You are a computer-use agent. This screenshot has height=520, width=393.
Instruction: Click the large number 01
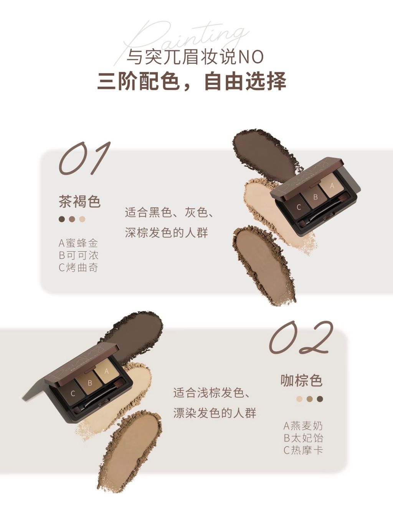(84, 158)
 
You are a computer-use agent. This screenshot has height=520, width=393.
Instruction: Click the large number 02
(301, 337)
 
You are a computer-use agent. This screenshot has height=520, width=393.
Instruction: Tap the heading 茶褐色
(80, 202)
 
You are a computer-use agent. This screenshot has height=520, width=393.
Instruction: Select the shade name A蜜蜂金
(78, 243)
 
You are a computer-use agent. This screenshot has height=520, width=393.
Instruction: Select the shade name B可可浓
(78, 255)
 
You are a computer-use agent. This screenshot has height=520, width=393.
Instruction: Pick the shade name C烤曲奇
(78, 268)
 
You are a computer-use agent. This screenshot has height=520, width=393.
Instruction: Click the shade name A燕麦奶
(303, 426)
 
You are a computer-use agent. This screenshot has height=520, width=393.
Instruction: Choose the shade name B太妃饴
(304, 438)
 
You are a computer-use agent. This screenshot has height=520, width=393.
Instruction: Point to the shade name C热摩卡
(304, 450)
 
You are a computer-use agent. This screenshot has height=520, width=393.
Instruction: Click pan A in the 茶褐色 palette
(332, 186)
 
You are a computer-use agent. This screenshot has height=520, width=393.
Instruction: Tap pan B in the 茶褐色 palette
(315, 196)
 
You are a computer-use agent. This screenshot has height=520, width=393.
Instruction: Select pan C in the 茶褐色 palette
(299, 207)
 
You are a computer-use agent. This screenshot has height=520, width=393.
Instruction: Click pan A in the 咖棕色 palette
(106, 371)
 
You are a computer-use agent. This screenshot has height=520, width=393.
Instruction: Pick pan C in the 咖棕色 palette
(73, 393)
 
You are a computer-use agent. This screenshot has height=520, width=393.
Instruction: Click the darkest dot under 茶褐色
(62, 219)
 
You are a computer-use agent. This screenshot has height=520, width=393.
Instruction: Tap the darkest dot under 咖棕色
(320, 399)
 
